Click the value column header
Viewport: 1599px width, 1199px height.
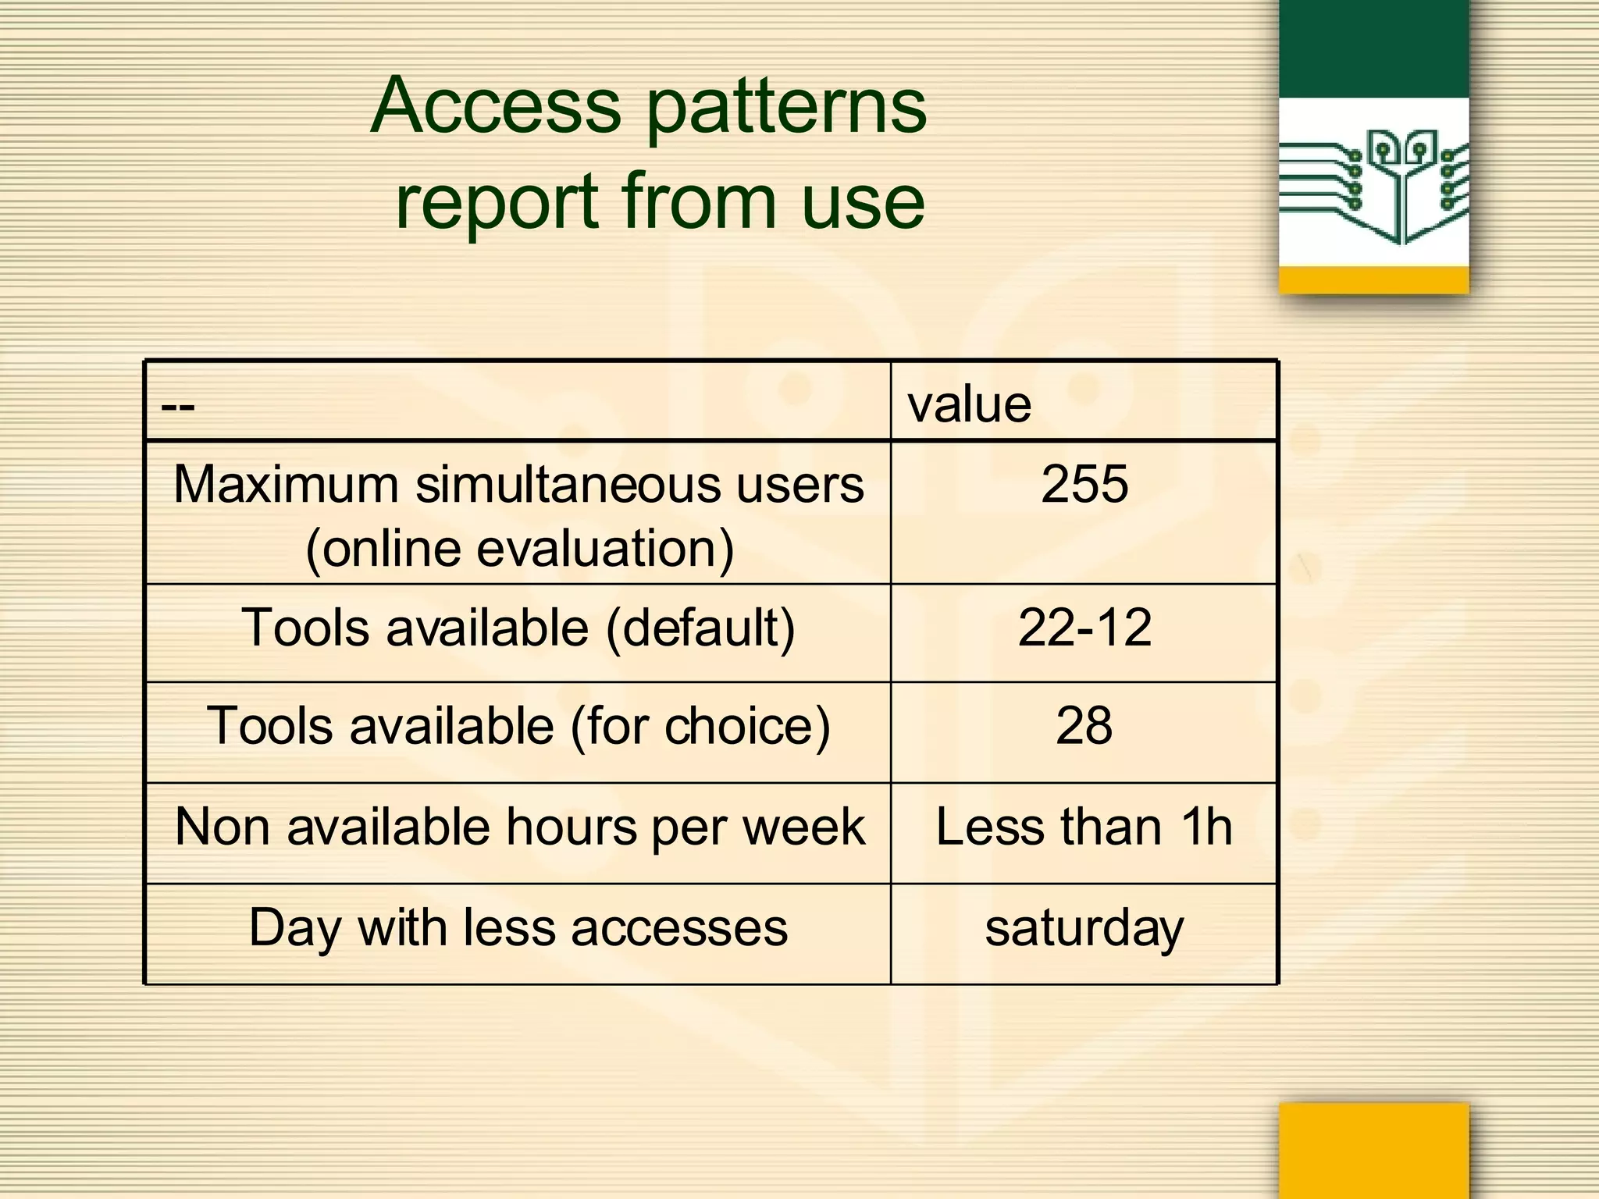click(x=969, y=404)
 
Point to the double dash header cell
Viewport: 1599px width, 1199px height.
click(x=178, y=406)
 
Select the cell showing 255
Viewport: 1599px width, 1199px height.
click(x=1084, y=484)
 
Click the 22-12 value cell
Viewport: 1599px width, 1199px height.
click(x=1084, y=628)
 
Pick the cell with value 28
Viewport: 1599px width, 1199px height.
click(x=1084, y=726)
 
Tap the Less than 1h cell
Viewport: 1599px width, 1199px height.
click(x=1084, y=827)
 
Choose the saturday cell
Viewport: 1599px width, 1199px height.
click(x=1084, y=928)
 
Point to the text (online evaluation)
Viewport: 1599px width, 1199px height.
click(x=519, y=549)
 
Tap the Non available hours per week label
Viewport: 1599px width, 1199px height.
click(x=519, y=827)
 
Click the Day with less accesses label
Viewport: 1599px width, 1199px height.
click(x=518, y=928)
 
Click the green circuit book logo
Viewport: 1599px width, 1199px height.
click(x=1373, y=184)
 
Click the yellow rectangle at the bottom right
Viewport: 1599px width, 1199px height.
click(x=1373, y=1149)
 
